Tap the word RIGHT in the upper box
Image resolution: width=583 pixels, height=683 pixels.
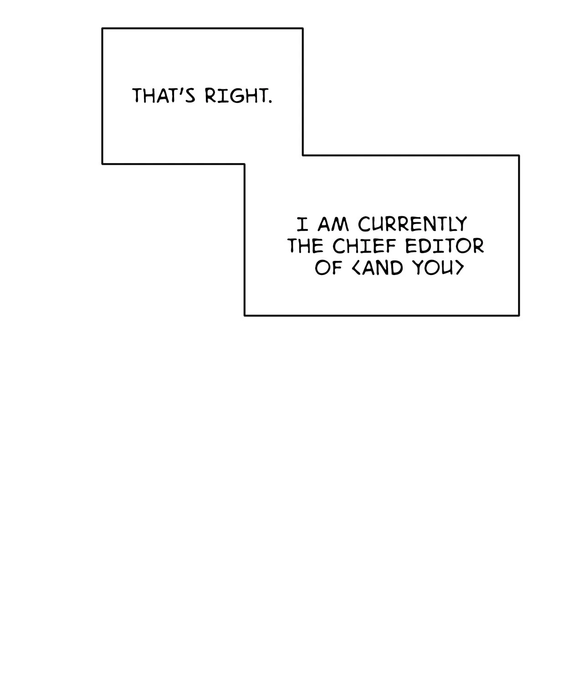coord(236,96)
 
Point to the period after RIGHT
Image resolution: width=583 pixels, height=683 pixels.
coord(271,102)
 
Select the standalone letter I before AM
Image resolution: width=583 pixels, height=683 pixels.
coord(302,224)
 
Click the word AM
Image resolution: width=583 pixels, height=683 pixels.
coord(333,224)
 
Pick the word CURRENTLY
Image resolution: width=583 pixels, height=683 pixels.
coord(413,224)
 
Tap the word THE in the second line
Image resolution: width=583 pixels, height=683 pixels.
coord(305,246)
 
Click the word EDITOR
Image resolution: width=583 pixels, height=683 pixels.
coord(445,246)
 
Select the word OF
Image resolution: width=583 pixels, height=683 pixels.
coord(328,268)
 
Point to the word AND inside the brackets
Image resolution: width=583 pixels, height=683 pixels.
coord(383,268)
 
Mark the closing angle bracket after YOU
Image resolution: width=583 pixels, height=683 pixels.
coord(460,268)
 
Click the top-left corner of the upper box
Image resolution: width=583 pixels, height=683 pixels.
coord(102,29)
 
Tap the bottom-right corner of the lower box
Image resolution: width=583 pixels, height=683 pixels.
coord(519,316)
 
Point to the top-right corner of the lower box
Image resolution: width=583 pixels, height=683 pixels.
coord(519,155)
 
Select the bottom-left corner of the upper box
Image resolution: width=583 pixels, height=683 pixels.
coord(102,163)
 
